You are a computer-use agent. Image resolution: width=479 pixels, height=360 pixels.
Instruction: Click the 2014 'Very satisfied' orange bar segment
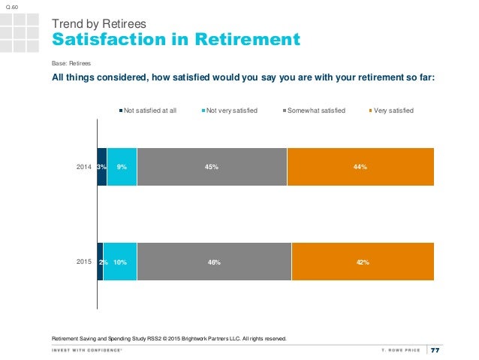360,167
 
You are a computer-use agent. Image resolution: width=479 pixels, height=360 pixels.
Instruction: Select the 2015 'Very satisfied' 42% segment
363,262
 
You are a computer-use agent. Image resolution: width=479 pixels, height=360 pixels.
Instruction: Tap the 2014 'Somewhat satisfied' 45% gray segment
212,167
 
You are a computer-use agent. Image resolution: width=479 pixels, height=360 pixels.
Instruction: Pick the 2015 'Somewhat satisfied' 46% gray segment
214,262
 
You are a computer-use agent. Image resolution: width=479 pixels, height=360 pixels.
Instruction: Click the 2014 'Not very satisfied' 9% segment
122,167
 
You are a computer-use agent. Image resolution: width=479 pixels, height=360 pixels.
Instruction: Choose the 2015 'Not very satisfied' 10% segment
120,262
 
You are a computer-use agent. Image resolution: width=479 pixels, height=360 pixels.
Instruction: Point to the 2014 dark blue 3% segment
102,167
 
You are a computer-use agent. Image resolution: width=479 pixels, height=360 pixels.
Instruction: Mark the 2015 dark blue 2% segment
101,262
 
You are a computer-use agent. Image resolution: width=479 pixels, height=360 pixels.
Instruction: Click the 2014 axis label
85,167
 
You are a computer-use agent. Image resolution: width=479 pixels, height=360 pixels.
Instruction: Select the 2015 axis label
85,262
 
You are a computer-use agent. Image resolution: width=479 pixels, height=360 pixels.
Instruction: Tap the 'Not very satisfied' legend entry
230,110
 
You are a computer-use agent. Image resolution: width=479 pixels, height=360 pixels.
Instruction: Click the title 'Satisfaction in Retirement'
175,39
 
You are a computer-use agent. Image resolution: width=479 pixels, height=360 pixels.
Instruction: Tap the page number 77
435,349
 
